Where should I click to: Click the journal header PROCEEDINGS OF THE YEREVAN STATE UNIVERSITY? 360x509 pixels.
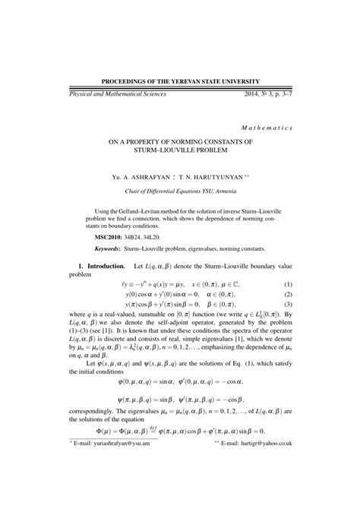180,81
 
